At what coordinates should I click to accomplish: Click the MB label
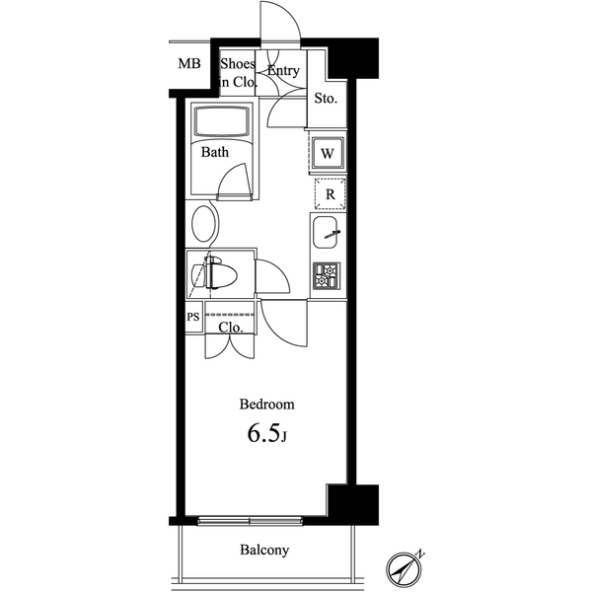(x=189, y=63)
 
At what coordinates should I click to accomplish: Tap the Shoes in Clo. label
(x=238, y=73)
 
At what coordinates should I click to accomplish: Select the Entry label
(x=283, y=71)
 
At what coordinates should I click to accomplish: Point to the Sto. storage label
(x=326, y=99)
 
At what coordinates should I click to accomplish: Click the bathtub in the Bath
(x=222, y=121)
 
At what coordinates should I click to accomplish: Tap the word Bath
(x=215, y=152)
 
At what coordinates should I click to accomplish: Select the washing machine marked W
(x=328, y=154)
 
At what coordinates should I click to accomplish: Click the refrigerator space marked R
(x=331, y=194)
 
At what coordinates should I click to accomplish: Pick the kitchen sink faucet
(x=333, y=235)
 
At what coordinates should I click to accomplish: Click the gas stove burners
(x=327, y=275)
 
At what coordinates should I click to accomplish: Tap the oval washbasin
(x=205, y=224)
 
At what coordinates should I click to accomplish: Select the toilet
(x=214, y=272)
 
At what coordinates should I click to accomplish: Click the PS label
(x=193, y=317)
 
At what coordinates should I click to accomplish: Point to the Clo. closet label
(x=231, y=328)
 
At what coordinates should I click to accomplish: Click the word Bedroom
(x=267, y=405)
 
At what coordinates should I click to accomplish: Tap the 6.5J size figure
(x=267, y=433)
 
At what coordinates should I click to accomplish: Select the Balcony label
(x=264, y=551)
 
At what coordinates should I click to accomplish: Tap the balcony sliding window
(x=250, y=521)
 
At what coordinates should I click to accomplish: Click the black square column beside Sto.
(x=352, y=58)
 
